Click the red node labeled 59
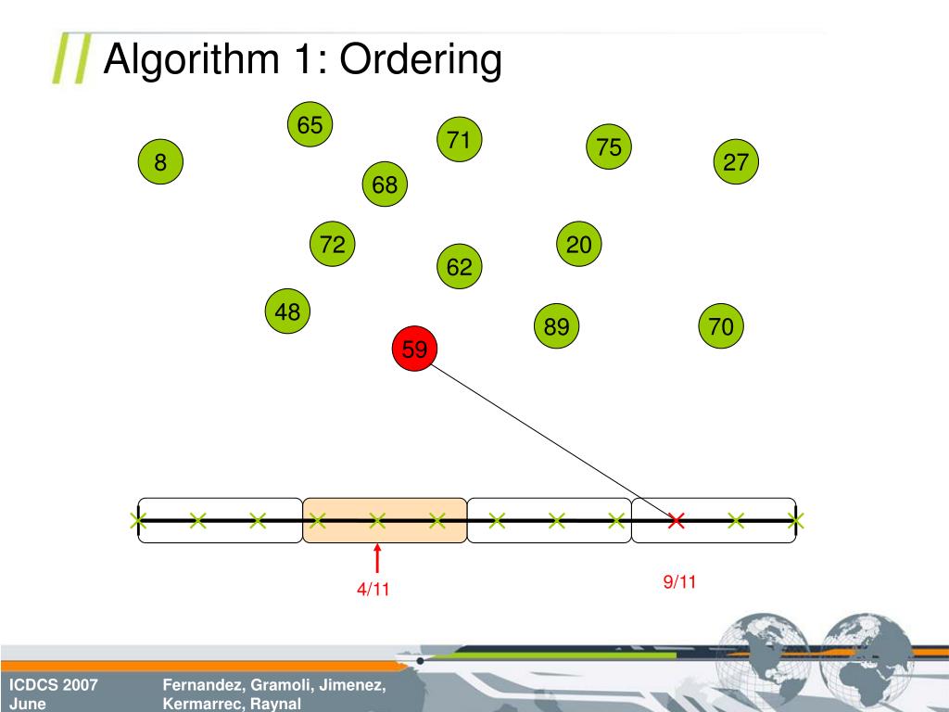click(x=414, y=350)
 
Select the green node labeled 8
click(x=161, y=163)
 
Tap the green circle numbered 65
click(x=310, y=125)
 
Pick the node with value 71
click(x=459, y=140)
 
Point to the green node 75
click(x=609, y=147)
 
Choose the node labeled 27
click(x=736, y=163)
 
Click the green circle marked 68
click(x=385, y=185)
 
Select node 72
click(x=333, y=245)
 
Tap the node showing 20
click(x=579, y=245)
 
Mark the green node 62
click(x=460, y=267)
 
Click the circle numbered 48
click(x=287, y=312)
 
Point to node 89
click(x=557, y=326)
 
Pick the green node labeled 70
click(x=721, y=326)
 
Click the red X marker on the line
click(x=677, y=521)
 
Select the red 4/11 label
click(x=373, y=590)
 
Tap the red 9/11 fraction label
click(x=679, y=581)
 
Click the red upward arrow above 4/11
click(x=377, y=558)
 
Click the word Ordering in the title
click(x=421, y=61)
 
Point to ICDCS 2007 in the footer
click(x=54, y=685)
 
